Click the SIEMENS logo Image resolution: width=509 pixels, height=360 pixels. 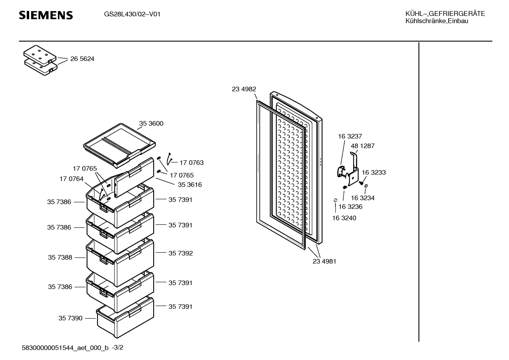coord(46,15)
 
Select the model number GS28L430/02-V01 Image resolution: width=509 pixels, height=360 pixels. coord(132,14)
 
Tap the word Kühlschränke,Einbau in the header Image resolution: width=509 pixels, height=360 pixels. coord(437,21)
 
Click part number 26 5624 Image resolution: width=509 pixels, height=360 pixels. coord(82,59)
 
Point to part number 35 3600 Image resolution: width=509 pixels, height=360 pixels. coord(151,124)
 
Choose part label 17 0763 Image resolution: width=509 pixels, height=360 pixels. coord(191,163)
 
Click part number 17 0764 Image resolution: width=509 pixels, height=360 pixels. coord(71,179)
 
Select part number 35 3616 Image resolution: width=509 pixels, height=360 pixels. coord(190,185)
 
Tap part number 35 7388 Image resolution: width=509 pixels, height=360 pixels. coord(60,258)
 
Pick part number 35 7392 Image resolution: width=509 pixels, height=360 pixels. coord(180,253)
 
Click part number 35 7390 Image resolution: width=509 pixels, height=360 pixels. coord(70,318)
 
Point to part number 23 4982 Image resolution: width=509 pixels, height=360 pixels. coord(244,89)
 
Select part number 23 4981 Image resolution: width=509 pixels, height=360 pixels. coord(324,261)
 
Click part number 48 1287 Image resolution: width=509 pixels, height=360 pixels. coord(363,146)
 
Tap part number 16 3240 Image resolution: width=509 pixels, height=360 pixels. coord(344,218)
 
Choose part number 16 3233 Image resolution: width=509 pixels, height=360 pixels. coord(373,173)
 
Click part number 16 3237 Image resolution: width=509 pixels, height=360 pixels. coord(350,136)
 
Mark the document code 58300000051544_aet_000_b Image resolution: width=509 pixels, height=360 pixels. coord(65,348)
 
